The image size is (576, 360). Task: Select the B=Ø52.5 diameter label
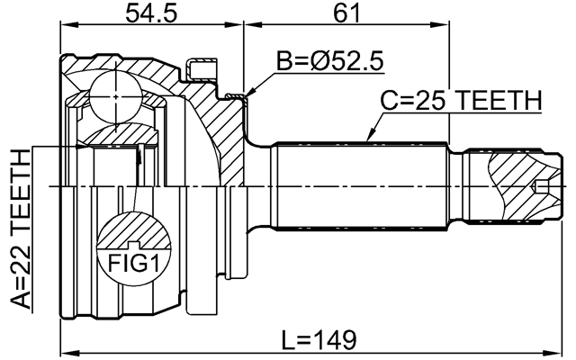tap(329, 62)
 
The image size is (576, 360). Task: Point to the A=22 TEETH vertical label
tap(20, 229)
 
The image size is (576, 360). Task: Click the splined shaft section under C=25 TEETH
tap(360, 184)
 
